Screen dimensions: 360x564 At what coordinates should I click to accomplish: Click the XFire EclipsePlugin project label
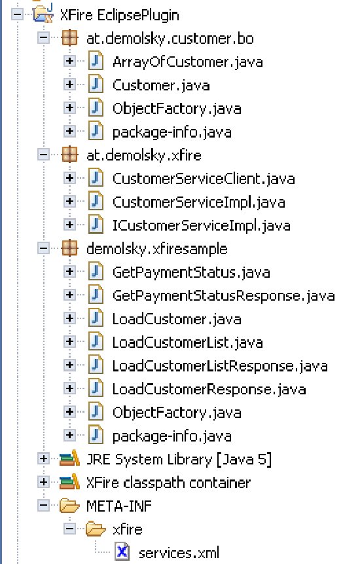[x=119, y=16]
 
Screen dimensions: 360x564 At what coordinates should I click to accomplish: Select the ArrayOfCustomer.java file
[x=188, y=62]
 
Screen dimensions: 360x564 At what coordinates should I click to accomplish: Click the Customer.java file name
[x=161, y=85]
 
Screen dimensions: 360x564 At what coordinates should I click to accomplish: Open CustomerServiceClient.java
[x=204, y=179]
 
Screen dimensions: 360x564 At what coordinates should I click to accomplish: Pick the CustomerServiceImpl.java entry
[x=199, y=202]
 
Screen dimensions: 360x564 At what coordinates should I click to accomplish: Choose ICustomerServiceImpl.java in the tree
[x=201, y=225]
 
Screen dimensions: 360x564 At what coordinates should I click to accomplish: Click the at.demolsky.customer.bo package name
[x=170, y=39]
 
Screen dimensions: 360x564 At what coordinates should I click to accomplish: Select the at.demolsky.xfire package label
[x=144, y=155]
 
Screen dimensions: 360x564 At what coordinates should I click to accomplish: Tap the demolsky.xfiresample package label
[x=156, y=249]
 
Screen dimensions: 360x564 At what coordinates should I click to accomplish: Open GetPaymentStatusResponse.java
[x=223, y=295]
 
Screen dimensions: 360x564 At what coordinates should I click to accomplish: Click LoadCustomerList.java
[x=188, y=343]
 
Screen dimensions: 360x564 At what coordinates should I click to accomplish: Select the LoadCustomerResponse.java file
[x=209, y=389]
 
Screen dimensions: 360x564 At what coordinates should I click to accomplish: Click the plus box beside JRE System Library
[x=43, y=459]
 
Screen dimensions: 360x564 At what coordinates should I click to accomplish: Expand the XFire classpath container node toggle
[x=43, y=482]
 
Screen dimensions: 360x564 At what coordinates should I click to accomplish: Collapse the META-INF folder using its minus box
[x=43, y=505]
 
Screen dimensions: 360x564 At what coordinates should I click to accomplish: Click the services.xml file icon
[x=122, y=552]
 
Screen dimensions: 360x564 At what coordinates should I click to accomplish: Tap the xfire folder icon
[x=96, y=529]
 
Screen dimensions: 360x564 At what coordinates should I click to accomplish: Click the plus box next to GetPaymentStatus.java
[x=69, y=272]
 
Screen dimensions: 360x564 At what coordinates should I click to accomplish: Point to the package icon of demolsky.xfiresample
[x=69, y=248]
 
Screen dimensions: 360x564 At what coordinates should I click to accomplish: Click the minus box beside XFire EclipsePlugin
[x=17, y=15]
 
